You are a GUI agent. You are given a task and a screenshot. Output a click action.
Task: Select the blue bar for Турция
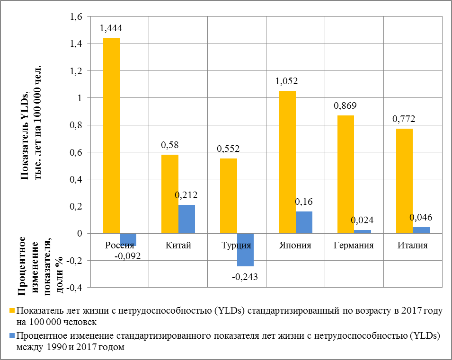point(245,250)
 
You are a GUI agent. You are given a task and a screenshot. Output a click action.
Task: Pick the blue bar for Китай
point(186,219)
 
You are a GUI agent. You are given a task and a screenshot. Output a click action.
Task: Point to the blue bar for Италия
point(421,230)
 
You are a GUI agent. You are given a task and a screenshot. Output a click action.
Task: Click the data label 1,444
point(111,29)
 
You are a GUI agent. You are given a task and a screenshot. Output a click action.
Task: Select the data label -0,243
point(245,277)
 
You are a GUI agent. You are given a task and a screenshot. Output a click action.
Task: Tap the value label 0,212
point(186,195)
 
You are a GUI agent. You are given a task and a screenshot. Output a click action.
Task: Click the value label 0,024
point(363,220)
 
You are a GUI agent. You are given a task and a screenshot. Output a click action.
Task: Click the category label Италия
point(413,246)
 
